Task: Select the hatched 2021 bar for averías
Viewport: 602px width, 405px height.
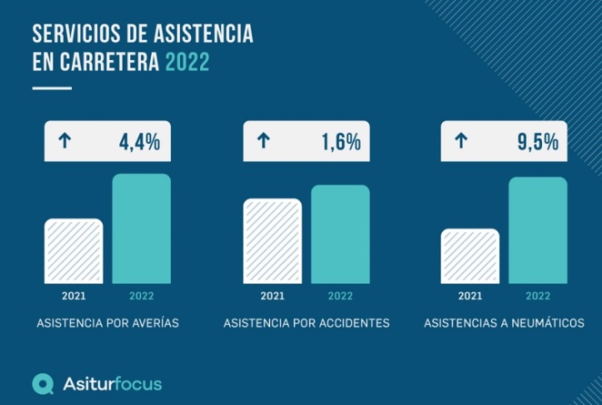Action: point(74,250)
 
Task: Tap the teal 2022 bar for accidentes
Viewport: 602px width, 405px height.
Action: point(340,233)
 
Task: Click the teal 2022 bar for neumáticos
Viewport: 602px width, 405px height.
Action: point(537,229)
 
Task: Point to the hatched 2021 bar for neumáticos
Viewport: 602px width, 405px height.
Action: point(470,256)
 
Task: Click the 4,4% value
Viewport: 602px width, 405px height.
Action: point(139,141)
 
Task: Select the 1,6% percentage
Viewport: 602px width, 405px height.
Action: point(340,141)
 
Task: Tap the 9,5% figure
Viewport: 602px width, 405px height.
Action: point(537,141)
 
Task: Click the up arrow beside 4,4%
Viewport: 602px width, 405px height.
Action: point(65,141)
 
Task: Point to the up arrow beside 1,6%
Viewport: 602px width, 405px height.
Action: point(264,141)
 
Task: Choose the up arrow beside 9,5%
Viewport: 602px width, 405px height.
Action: point(461,141)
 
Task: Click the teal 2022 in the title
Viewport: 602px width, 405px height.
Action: point(187,64)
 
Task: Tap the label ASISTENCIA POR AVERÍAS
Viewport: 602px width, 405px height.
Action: point(107,323)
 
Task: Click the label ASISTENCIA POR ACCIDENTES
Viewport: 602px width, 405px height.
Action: point(306,323)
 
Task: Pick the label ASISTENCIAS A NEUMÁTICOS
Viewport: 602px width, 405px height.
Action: point(504,323)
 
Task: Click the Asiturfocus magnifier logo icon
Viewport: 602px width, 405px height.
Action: point(42,384)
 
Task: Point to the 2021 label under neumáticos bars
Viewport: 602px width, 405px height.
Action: point(470,295)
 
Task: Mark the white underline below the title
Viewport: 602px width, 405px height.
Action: point(52,88)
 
